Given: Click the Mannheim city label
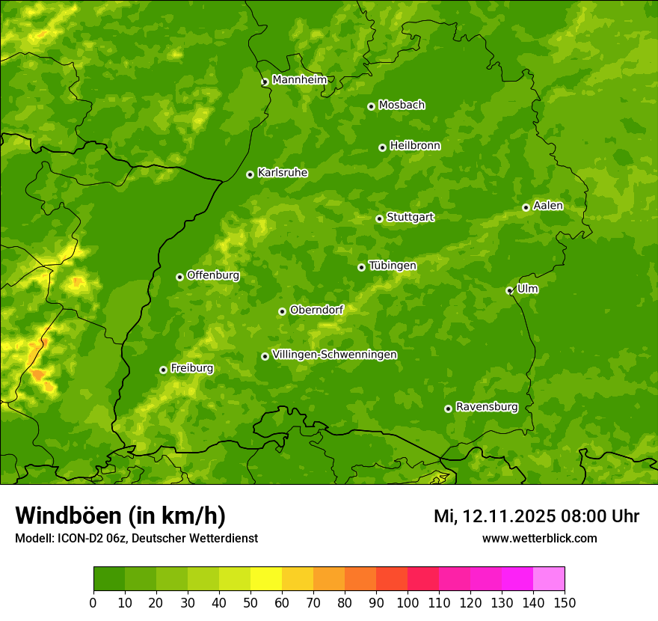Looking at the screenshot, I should tap(299, 80).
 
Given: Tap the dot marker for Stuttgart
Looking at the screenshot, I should tap(379, 218).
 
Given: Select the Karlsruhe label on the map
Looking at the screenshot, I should tap(282, 173).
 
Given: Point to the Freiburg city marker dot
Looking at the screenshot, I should tap(163, 370).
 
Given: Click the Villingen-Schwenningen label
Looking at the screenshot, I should tap(334, 355).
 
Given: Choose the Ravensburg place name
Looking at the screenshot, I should tap(486, 407).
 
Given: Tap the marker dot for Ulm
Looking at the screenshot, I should tap(509, 290).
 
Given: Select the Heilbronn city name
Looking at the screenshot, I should tap(414, 146).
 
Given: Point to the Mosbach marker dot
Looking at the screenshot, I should tap(371, 106).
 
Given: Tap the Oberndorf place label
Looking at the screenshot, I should tap(316, 310).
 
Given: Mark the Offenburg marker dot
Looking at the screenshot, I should tap(179, 277).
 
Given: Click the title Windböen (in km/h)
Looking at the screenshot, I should tap(120, 516).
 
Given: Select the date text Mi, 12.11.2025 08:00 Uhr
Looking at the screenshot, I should tap(536, 516).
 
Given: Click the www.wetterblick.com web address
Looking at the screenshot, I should tap(539, 538).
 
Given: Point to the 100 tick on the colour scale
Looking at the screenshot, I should tap(408, 602).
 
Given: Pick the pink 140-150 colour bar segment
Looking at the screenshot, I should tap(548, 579).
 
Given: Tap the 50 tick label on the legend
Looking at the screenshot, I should tap(250, 602).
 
